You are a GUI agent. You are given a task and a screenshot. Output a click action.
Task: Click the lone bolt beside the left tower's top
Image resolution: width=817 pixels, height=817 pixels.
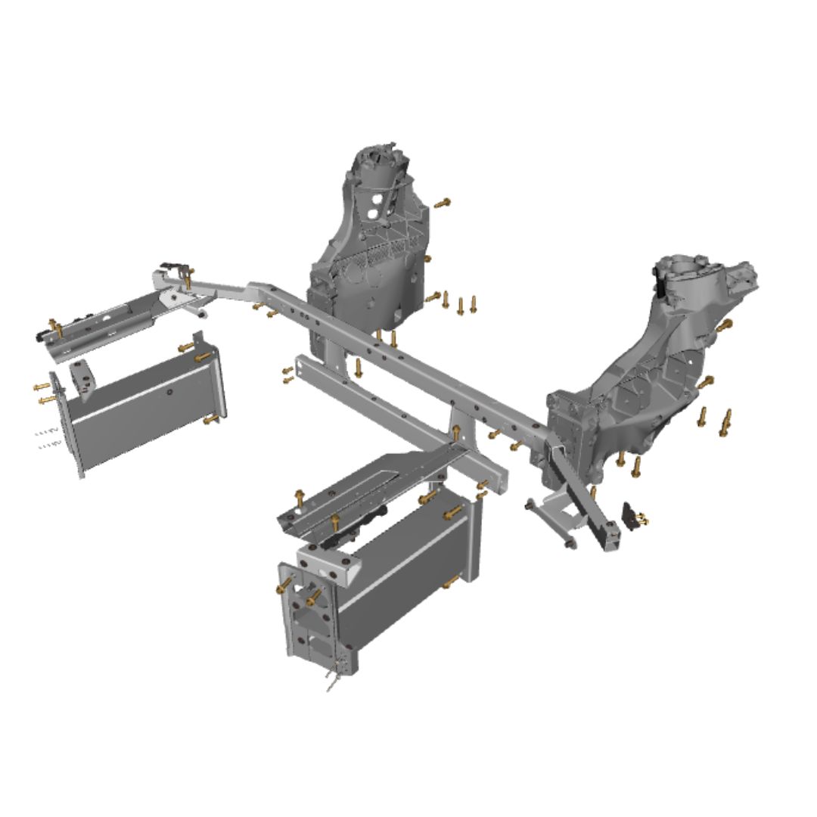coord(443,202)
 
